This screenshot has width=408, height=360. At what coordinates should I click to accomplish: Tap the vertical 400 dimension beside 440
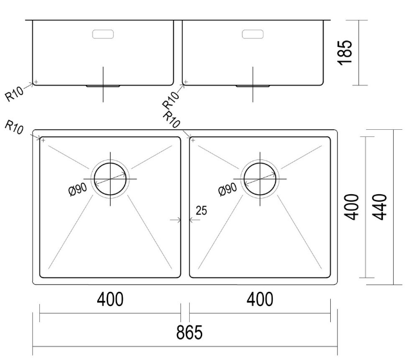[x=353, y=206]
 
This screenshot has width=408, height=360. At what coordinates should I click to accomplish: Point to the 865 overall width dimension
[x=188, y=332]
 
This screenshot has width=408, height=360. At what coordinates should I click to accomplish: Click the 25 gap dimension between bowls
[x=201, y=210]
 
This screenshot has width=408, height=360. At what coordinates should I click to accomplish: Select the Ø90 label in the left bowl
[x=77, y=189]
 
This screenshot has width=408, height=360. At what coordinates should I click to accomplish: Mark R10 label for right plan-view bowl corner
[x=172, y=120]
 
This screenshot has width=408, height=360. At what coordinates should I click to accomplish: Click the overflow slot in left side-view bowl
[x=103, y=34]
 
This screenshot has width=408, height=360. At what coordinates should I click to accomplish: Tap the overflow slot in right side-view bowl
[x=253, y=34]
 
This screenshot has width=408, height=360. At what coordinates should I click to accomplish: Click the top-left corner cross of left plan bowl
[x=42, y=139]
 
